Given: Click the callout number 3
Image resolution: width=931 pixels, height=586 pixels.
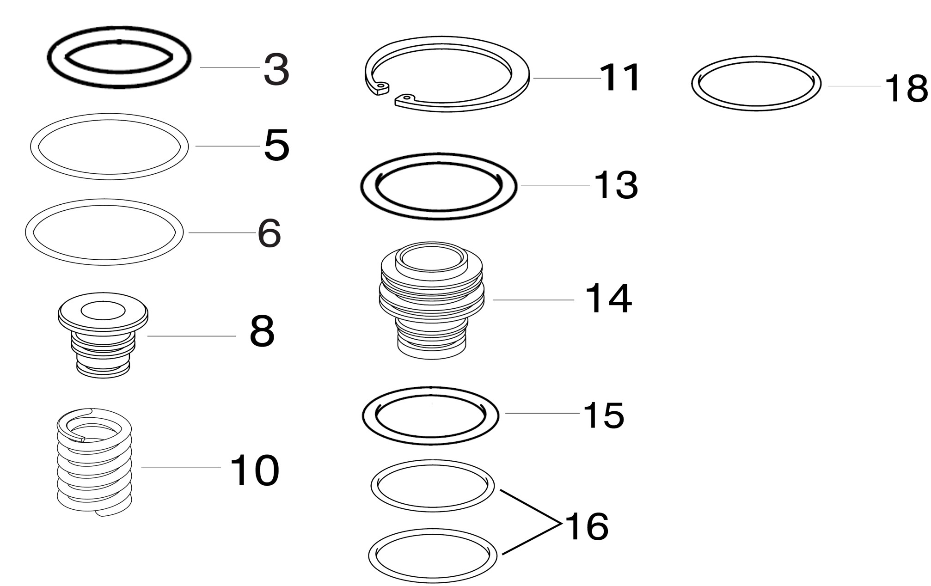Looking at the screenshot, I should pos(276,70).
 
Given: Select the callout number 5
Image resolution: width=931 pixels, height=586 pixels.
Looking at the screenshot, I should pos(276,145).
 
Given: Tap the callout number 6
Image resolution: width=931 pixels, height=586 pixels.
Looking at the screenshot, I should pos(269,233).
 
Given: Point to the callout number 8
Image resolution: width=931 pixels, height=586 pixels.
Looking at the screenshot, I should pos(262,331).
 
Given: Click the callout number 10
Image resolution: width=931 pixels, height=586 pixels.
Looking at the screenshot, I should pos(254,470).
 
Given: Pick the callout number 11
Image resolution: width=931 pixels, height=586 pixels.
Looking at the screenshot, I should pos(620,78).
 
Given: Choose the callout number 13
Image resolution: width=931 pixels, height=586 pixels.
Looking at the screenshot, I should pos(616,185).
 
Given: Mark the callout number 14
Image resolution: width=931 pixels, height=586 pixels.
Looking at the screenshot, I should pos(608,299).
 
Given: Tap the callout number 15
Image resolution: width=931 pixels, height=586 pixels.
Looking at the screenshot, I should pos(604,415).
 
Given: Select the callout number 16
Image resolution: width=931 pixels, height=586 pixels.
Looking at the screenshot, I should pos(586,526).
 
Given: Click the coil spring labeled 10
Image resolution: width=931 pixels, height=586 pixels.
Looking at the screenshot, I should pos(94,462).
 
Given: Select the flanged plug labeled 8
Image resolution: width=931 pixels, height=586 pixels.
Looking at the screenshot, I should pos(103,335).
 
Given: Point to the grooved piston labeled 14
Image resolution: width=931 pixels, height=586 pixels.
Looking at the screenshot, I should pos(431,300).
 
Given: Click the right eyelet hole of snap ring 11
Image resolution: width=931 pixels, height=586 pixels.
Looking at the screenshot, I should pos(406,98).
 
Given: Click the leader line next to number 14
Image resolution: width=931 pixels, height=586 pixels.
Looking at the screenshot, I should pos(533,300).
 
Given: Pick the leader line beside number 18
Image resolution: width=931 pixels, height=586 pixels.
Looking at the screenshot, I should pos(854,86).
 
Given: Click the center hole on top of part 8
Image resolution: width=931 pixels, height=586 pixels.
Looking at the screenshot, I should pos(103,311).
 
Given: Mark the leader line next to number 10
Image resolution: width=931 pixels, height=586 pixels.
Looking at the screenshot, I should pos(181,468).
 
